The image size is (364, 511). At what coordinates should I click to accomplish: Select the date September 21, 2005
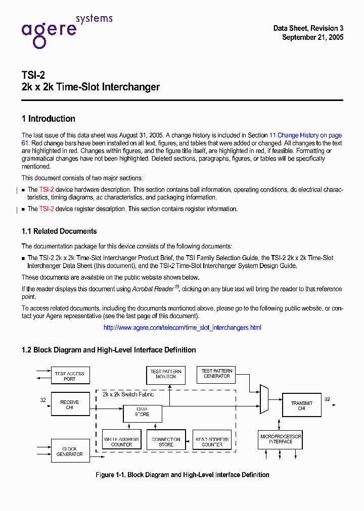click(312, 37)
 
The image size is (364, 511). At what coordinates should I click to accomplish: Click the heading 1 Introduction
click(49, 119)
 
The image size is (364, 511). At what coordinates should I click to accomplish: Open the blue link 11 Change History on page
click(305, 135)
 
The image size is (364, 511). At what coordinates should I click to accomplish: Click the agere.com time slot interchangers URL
click(182, 328)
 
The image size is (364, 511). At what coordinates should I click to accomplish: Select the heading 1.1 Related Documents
click(59, 231)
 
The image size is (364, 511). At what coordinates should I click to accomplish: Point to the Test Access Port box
click(70, 376)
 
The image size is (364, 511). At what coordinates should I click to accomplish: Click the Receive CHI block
click(70, 404)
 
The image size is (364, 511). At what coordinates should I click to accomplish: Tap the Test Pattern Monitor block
click(166, 374)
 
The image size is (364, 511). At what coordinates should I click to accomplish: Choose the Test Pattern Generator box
click(217, 374)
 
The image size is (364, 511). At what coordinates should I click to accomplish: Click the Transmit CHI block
click(301, 405)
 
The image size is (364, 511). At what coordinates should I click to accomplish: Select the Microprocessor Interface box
click(281, 439)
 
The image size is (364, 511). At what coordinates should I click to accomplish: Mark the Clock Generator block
click(70, 451)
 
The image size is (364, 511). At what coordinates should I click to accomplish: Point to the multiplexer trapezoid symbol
click(264, 399)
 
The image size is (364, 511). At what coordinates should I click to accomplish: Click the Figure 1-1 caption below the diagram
click(182, 475)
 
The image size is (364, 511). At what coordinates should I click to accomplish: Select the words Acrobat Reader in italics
click(152, 289)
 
